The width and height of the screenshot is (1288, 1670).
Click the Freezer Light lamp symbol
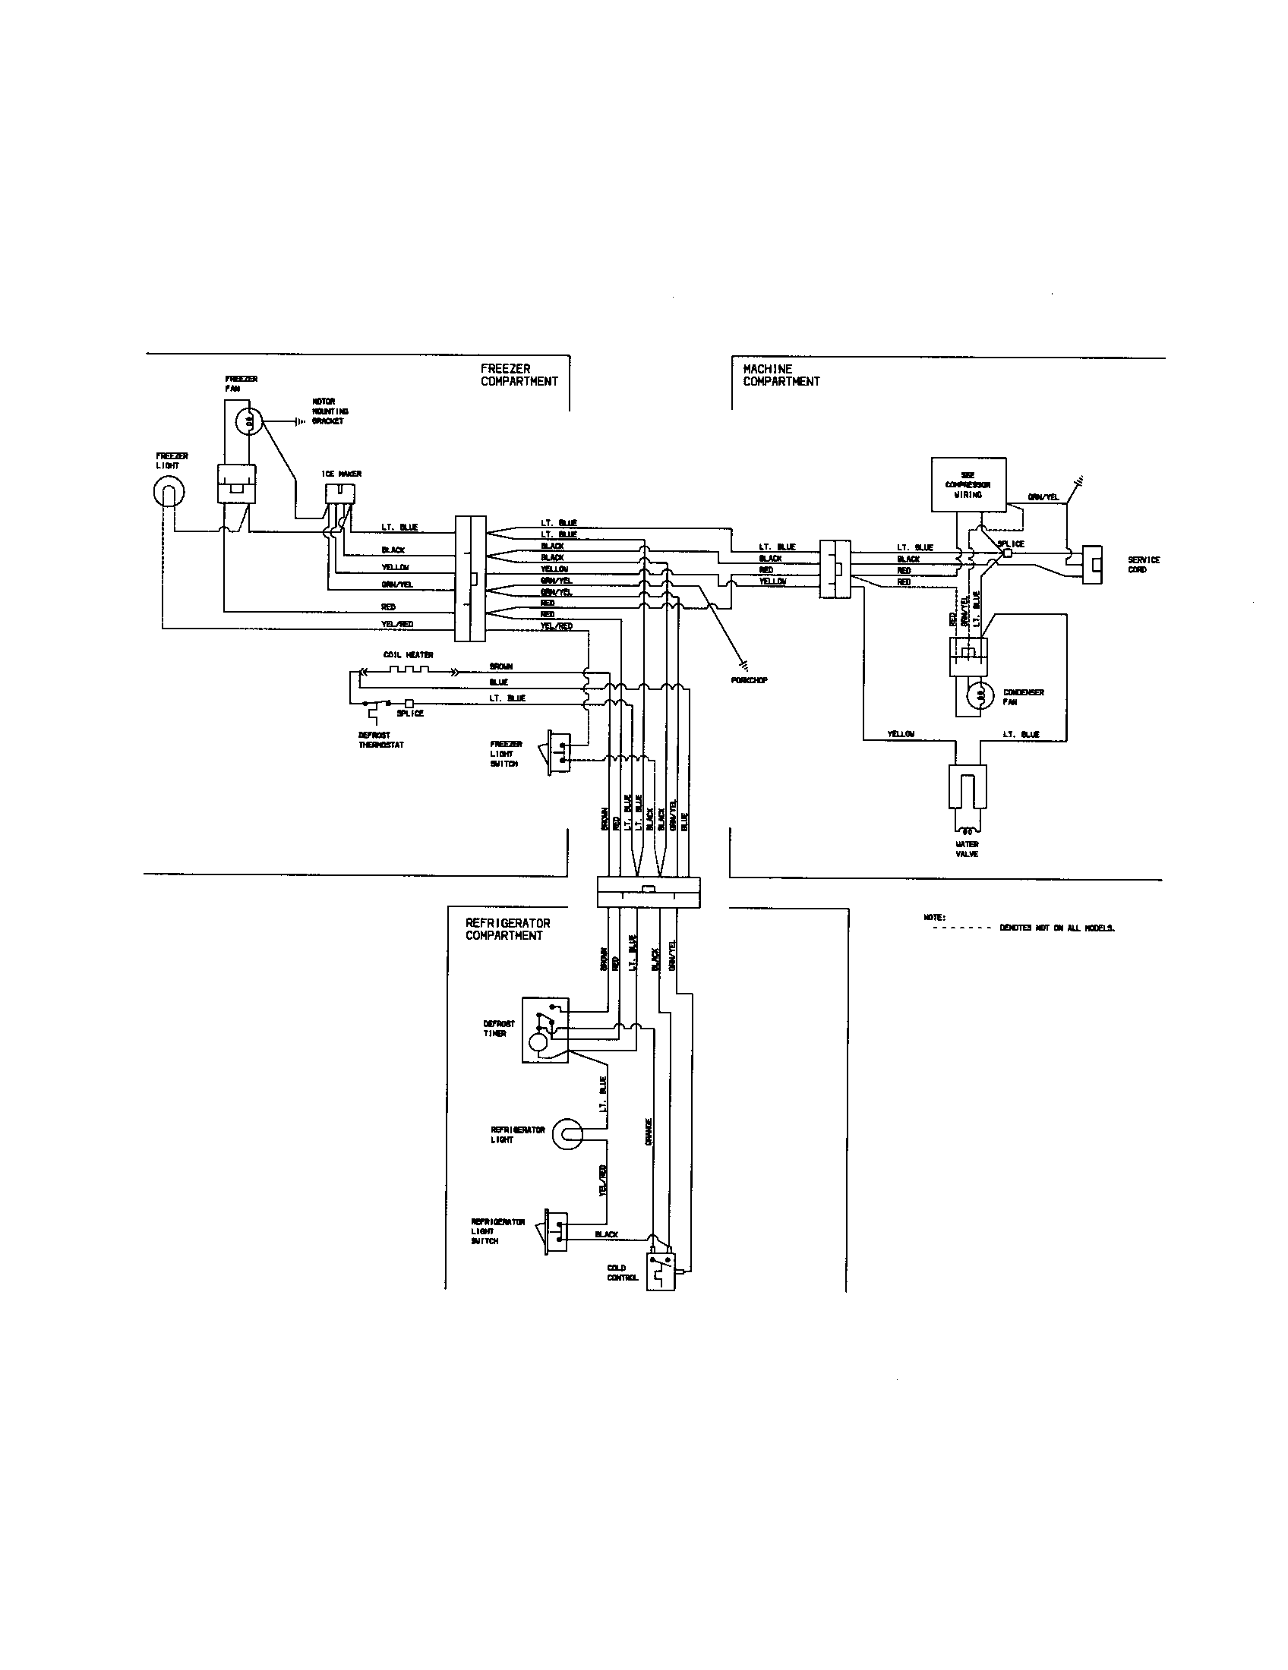tap(168, 491)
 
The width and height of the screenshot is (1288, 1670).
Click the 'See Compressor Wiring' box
tap(968, 484)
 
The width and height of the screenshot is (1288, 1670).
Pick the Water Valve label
tap(967, 849)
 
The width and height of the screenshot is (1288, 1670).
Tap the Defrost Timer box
tap(545, 1029)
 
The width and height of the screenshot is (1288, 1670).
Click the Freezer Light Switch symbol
tap(558, 753)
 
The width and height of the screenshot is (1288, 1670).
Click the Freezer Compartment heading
tap(519, 375)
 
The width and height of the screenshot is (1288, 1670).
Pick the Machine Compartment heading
tap(781, 375)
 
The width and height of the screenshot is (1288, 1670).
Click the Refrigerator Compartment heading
tap(508, 929)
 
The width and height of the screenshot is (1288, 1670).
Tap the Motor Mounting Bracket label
tap(328, 411)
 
